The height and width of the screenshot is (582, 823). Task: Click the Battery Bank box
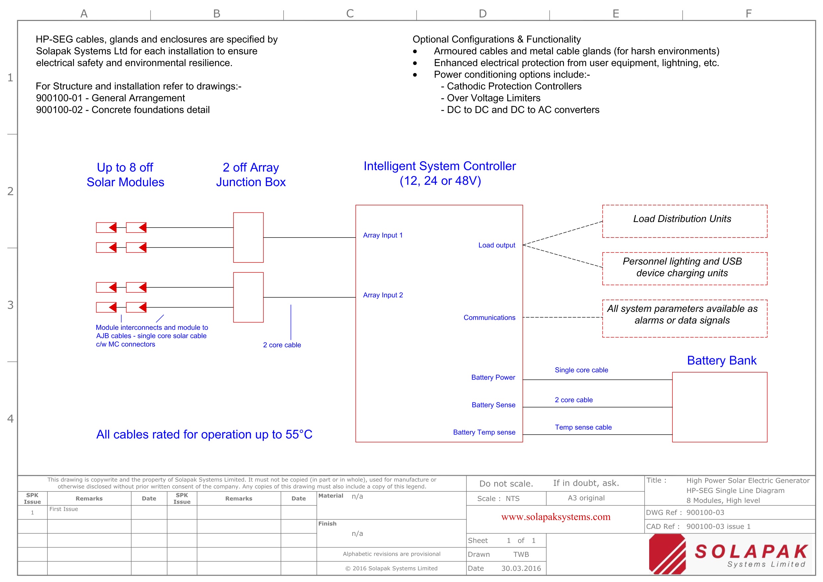(719, 407)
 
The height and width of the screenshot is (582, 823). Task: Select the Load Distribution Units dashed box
(684, 221)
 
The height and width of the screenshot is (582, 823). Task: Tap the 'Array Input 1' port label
(382, 235)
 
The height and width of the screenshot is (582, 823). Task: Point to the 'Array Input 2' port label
(382, 295)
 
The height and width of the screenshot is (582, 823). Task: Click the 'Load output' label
(497, 245)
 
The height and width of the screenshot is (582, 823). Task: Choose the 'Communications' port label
(489, 318)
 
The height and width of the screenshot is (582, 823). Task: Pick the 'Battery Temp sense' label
(484, 432)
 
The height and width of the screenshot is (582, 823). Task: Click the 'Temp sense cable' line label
(583, 427)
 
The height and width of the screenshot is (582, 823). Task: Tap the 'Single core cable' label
(581, 370)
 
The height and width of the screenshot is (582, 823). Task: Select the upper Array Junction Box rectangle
(248, 237)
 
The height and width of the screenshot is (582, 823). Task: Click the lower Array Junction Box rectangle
(248, 297)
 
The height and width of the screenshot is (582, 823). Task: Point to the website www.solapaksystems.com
(555, 517)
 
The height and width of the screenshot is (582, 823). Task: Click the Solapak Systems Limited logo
(729, 554)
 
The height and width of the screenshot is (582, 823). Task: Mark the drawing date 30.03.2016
(521, 568)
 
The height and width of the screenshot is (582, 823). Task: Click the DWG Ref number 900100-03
(705, 512)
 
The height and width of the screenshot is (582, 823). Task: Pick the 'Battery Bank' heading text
(721, 360)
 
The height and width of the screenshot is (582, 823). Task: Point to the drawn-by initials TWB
(521, 554)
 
